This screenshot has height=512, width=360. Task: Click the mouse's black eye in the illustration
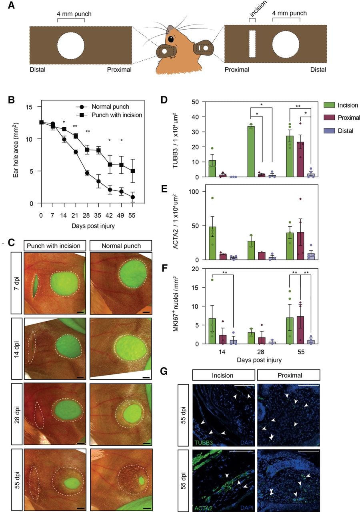pos(171,39)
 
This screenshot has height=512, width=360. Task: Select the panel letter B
pos(11,100)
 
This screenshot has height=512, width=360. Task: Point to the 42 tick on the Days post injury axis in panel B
pos(110,215)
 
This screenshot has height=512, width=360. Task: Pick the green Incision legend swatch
pos(329,105)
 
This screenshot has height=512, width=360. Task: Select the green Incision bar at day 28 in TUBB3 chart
pos(251,152)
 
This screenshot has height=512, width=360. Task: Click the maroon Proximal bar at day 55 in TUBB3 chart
pos(300,159)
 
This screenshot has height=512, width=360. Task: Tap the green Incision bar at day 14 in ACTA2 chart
pos(212,243)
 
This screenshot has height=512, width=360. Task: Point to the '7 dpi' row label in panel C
pos(16,284)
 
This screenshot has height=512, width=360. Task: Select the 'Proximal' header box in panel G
pos(288,375)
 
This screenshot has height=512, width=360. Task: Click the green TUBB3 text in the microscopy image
pos(204,443)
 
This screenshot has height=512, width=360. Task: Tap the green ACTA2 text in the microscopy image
pos(203,508)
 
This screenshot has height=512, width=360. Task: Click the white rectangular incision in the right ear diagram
pos(252,44)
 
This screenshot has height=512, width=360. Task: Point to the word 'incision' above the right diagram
pos(258,9)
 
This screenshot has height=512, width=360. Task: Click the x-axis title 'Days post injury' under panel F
pos(259,360)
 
